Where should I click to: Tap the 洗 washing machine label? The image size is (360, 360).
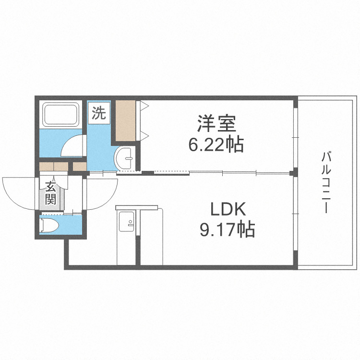coord(99,113)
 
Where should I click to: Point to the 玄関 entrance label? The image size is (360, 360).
coord(51,192)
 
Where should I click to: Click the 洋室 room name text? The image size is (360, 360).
coord(216,124)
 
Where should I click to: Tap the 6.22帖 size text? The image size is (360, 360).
coord(216,144)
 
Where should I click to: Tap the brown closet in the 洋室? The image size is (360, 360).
coord(126,120)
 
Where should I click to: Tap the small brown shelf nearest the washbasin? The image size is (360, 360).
coord(79,167)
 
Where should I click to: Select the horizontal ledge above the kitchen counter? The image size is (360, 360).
coord(137,207)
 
